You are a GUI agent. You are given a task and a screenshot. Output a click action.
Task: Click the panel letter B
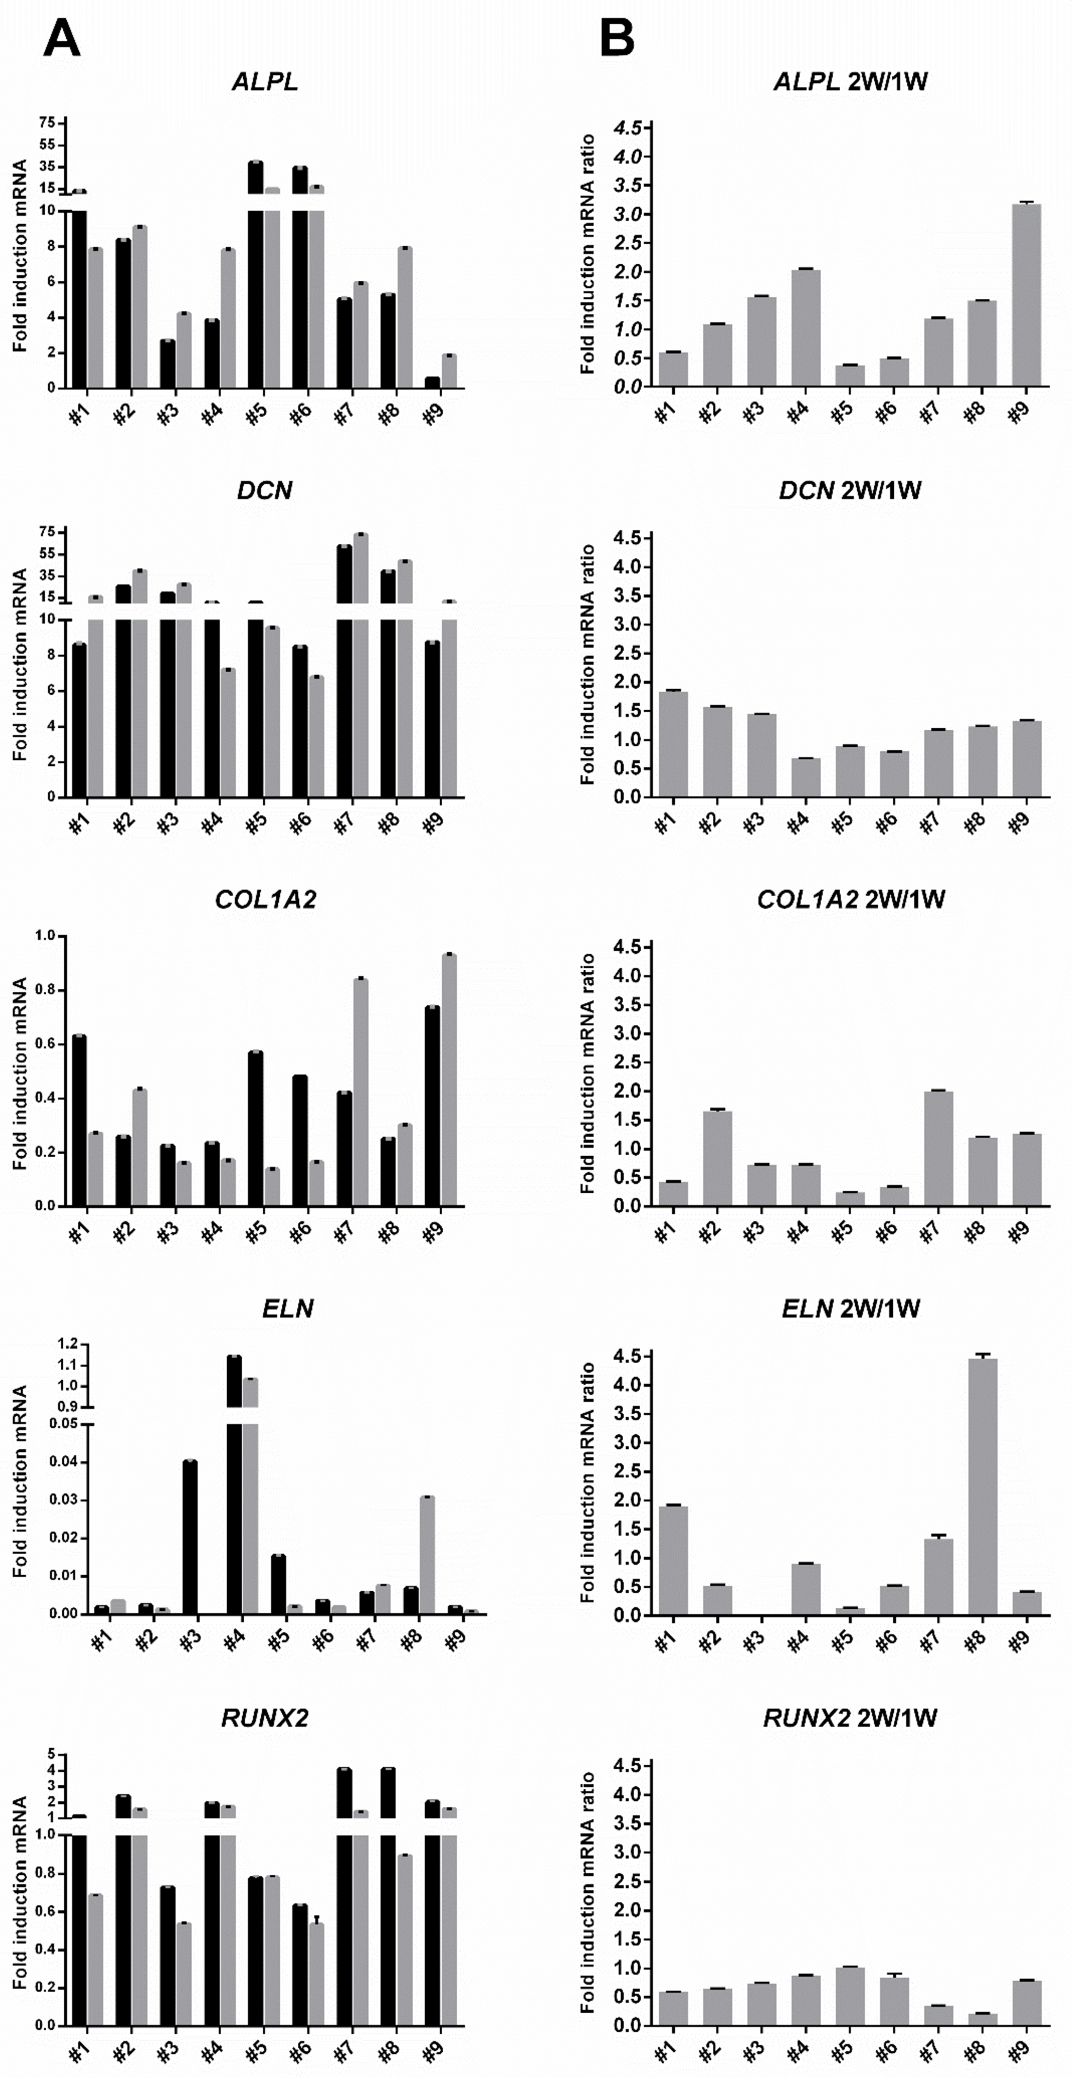pyautogui.click(x=617, y=38)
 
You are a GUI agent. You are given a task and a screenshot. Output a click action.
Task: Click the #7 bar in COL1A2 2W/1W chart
pyautogui.click(x=938, y=1149)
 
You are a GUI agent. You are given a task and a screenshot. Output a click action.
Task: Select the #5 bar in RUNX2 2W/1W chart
pyautogui.click(x=850, y=1996)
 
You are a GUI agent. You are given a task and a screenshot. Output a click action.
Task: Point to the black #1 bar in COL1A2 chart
pyautogui.click(x=79, y=1121)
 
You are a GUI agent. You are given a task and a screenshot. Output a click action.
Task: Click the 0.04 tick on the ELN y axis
pyautogui.click(x=63, y=1461)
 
